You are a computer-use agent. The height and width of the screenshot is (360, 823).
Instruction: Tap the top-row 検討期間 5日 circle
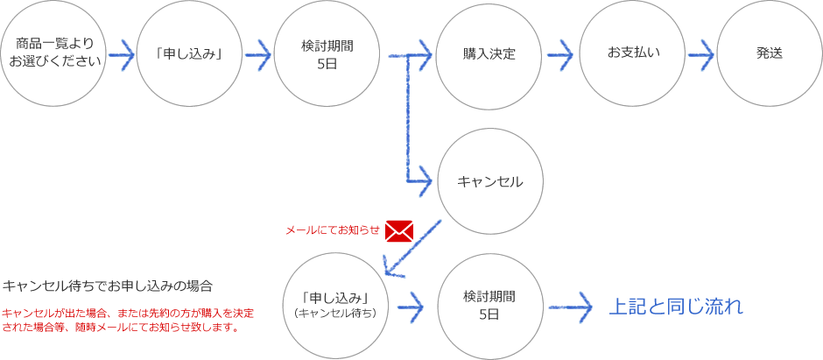[x=327, y=53]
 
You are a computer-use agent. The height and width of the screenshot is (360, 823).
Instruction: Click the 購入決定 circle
[x=489, y=53]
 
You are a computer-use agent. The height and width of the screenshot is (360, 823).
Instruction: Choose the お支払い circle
[x=633, y=53]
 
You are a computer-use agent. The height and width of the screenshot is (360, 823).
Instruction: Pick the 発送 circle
[x=770, y=53]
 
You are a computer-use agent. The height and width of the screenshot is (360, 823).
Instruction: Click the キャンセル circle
[x=489, y=182]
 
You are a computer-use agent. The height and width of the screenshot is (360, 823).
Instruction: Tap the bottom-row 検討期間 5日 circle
[x=489, y=304]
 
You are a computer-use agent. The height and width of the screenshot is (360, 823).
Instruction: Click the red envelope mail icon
[x=398, y=229]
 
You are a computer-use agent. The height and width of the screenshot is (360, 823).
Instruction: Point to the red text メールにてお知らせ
[x=331, y=230]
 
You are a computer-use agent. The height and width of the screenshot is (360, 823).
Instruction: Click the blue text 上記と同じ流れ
[x=675, y=307]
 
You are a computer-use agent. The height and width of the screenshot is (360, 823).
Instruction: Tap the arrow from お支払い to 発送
[x=701, y=53]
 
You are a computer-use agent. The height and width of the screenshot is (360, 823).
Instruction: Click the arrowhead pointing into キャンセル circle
[x=424, y=182]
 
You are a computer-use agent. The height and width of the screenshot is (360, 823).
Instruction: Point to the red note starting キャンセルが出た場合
[x=128, y=321]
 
